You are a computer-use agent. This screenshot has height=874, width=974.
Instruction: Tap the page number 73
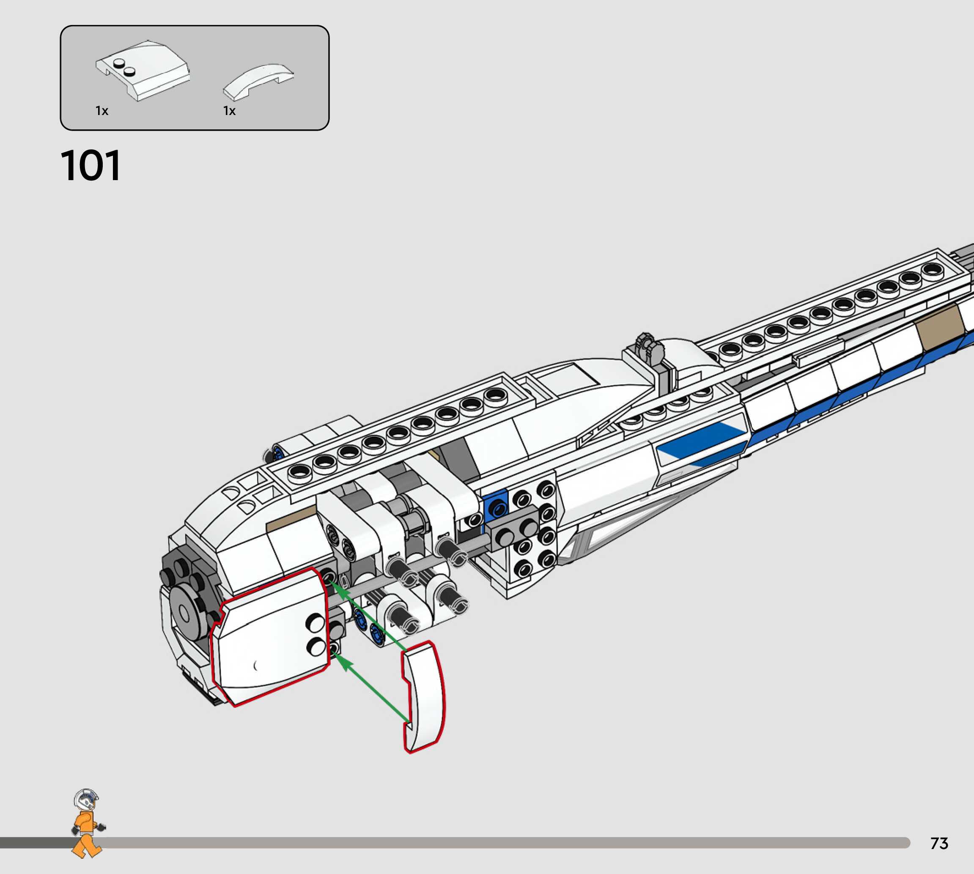[x=939, y=843]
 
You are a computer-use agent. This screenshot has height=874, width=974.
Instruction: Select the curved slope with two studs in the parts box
[x=143, y=70]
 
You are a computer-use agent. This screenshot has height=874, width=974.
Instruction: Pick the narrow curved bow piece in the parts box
[x=258, y=82]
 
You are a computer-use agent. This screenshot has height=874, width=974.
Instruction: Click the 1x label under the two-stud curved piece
[x=102, y=111]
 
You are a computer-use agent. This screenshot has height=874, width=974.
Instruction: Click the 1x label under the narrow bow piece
[x=229, y=111]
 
